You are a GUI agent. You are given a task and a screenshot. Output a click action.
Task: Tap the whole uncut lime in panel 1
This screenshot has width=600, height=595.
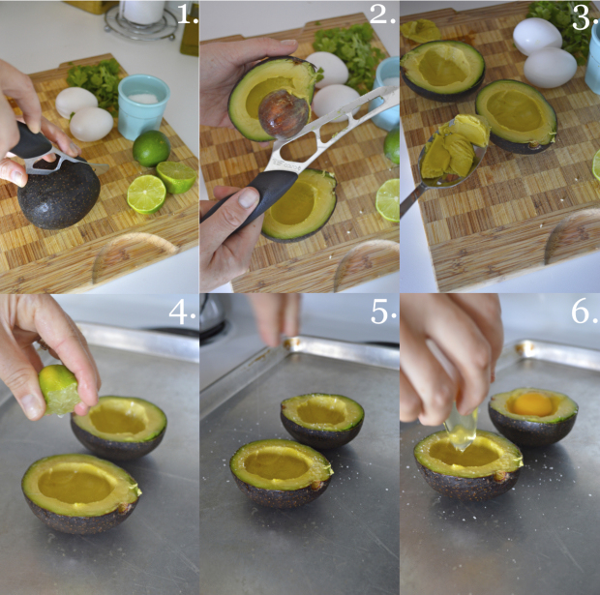click(151, 147)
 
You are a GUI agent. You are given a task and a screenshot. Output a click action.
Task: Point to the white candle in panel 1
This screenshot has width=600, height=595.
click(145, 12)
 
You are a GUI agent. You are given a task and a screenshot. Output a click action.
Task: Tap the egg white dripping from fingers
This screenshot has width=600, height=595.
click(462, 431)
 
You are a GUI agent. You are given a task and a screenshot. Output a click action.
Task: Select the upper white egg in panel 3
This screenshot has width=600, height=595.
click(536, 37)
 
